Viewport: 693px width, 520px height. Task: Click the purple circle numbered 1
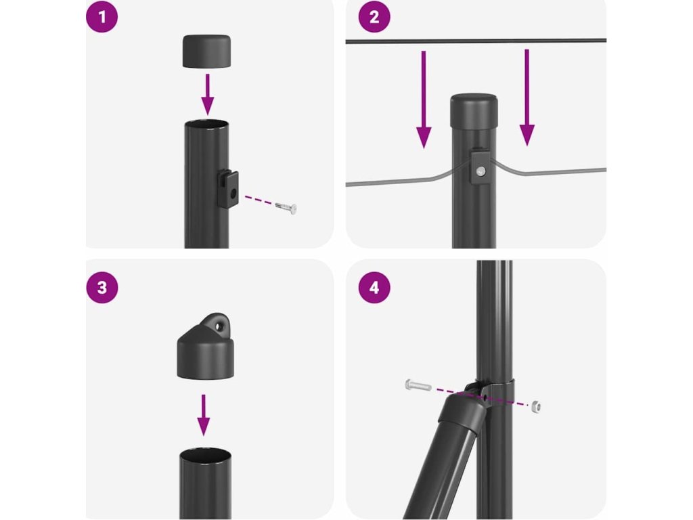pos(102,17)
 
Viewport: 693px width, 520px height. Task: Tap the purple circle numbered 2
pos(374,17)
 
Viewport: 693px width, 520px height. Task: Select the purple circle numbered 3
pos(102,287)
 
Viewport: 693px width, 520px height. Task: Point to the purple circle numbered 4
pos(374,287)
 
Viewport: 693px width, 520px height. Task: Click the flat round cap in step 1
pos(207,51)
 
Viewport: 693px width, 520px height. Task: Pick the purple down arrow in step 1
pos(207,94)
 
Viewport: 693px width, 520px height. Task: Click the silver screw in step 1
pos(286,208)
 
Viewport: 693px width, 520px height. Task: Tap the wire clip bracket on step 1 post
pos(228,189)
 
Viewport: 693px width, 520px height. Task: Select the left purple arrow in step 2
pos(424,99)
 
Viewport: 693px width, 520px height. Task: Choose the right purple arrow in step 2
pos(527,97)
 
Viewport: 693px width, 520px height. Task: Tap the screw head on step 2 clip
pos(481,171)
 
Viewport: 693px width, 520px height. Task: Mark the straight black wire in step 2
pos(476,41)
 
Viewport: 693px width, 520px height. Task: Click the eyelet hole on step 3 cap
pos(218,327)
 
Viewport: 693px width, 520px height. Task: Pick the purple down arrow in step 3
pos(203,415)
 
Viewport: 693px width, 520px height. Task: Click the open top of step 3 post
pos(206,456)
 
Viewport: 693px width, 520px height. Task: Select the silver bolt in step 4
pos(418,385)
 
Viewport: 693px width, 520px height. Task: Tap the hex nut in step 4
pos(536,406)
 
